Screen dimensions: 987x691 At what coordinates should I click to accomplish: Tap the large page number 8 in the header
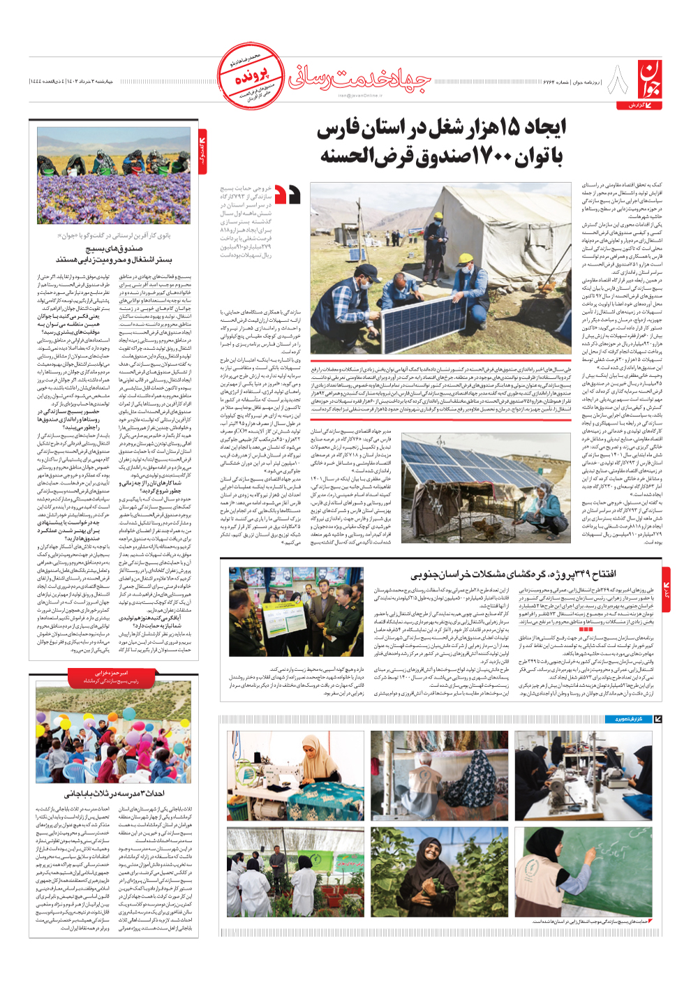pos(617,80)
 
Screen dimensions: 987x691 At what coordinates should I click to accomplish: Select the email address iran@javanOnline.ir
pos(360,96)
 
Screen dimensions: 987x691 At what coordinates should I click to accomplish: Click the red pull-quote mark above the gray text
pos(288,195)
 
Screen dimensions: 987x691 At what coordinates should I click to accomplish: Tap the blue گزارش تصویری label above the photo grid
pos(627,718)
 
